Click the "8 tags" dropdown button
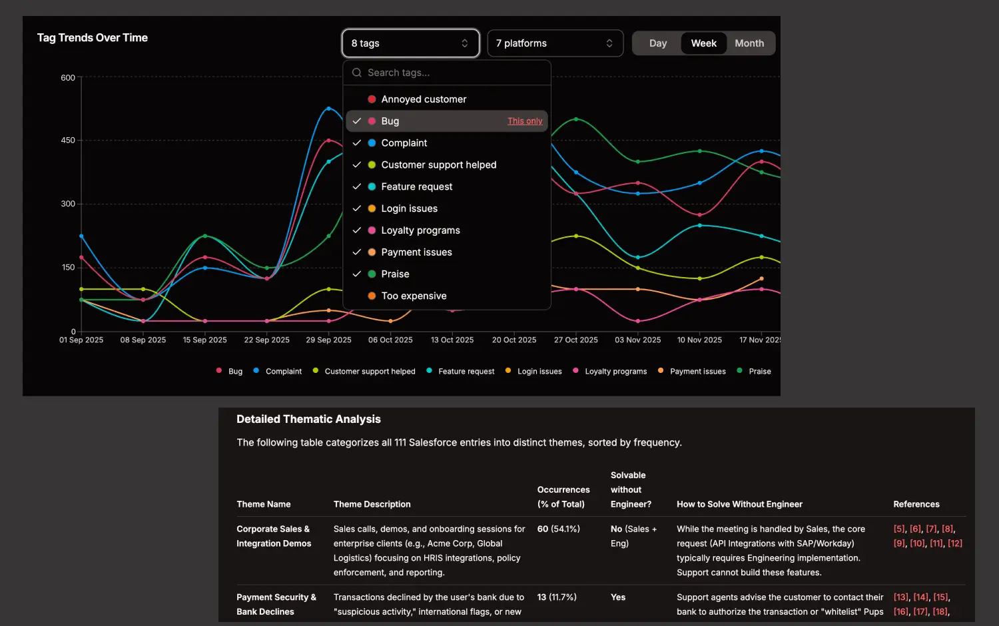410,43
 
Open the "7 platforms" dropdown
555,43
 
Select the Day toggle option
657,43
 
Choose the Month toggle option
749,43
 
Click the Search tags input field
453,73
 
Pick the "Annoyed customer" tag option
424,99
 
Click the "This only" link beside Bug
525,121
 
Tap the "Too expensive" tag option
414,296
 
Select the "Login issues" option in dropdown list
409,208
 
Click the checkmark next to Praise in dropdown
357,274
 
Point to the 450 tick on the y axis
68,141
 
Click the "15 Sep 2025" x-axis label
205,340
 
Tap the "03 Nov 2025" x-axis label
638,340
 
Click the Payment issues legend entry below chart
697,372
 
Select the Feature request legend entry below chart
466,372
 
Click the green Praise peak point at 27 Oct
576,119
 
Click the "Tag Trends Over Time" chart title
93,38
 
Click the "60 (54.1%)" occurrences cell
558,529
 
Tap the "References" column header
916,504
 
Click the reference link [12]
955,543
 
